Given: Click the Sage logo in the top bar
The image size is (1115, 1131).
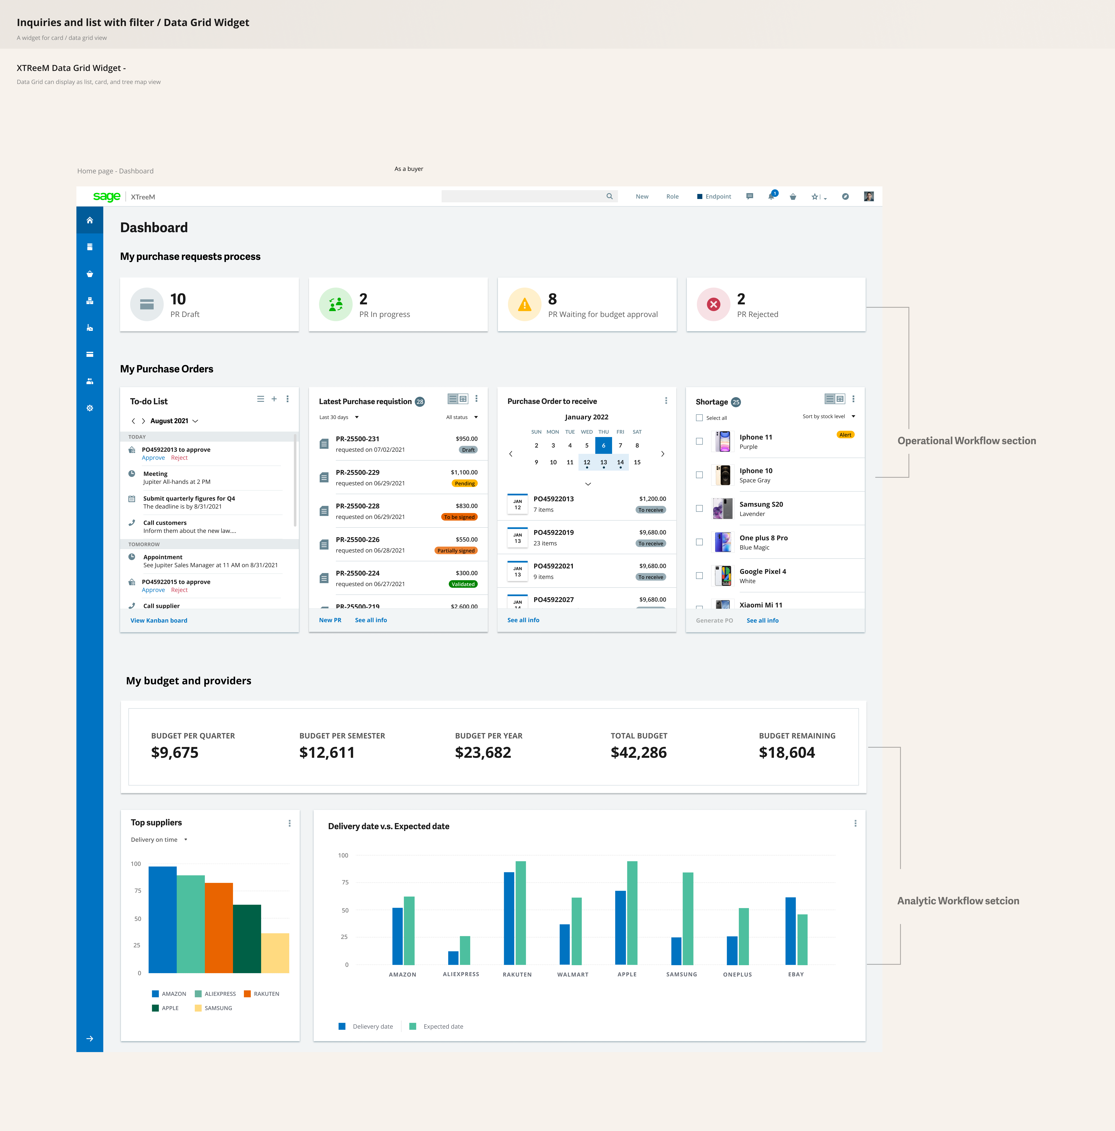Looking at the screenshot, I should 106,197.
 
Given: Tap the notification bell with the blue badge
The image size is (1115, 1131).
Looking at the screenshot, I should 771,197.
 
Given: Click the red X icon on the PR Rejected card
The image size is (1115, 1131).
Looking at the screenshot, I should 713,304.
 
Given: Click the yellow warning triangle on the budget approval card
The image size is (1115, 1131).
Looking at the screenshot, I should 524,304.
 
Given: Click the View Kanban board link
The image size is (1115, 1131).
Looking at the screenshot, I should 159,620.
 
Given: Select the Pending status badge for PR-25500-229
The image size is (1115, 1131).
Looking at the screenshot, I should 465,484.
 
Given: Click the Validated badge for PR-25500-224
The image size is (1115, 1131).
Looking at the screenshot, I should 463,584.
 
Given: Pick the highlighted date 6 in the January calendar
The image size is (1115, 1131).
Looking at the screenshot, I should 603,445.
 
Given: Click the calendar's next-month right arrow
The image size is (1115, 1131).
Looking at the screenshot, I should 663,454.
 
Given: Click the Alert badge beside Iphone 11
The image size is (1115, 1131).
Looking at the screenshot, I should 845,435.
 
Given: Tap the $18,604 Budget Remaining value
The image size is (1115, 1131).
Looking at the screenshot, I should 787,753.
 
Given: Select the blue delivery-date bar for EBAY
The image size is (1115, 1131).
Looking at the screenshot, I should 790,931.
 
